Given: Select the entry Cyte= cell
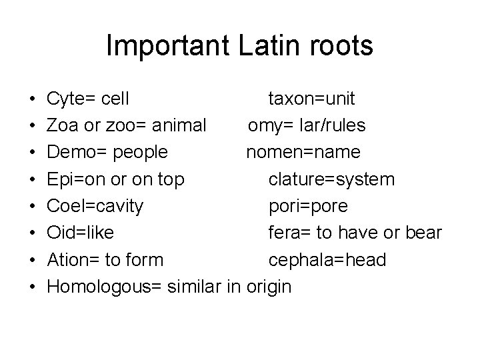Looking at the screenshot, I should [x=88, y=99].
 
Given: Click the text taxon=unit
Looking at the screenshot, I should [x=311, y=99].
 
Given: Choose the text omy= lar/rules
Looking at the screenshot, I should [x=307, y=125].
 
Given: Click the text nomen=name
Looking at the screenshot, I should [x=303, y=152].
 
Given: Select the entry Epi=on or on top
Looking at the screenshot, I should [x=116, y=179].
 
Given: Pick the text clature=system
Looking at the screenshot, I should [x=331, y=179].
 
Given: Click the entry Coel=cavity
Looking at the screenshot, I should [x=95, y=206].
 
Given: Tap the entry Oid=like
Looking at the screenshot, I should [x=80, y=233].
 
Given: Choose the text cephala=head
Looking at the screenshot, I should [x=327, y=259].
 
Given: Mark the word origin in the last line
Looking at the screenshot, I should [x=269, y=287].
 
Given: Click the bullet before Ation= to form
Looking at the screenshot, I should [x=32, y=259].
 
